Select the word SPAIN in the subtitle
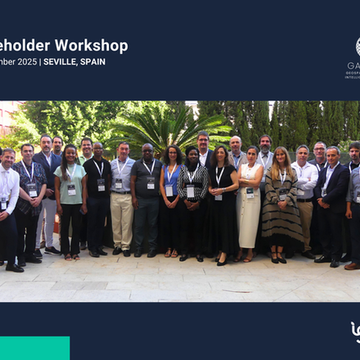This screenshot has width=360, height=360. click(93, 62)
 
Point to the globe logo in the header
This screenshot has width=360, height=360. click(358, 47)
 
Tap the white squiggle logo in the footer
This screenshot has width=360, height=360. click(355, 331)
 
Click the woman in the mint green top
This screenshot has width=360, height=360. click(70, 196)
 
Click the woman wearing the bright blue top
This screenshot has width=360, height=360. click(171, 196)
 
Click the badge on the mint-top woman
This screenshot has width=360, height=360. click(72, 189)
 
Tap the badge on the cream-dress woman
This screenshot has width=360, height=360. click(250, 193)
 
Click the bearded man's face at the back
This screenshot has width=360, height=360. click(264, 145)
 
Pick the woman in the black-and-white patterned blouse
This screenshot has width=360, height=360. click(193, 200)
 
